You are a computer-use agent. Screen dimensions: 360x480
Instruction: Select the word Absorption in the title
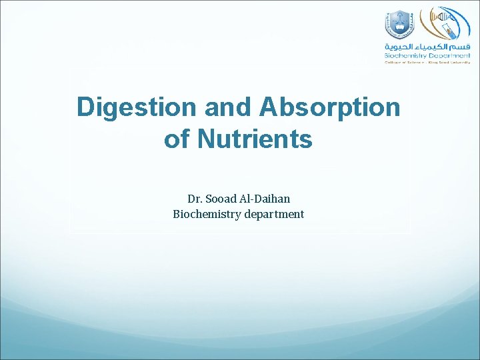tap(331, 107)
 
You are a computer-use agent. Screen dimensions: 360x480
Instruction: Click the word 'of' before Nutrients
tap(176, 140)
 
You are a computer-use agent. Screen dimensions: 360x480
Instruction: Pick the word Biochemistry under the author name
tap(207, 214)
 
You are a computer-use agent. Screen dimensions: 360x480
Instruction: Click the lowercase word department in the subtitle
tap(273, 214)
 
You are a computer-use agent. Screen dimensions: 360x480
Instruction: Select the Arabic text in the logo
tap(427, 47)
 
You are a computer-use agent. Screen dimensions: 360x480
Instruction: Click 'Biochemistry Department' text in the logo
tap(427, 56)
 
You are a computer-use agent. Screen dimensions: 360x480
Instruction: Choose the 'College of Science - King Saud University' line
tap(427, 63)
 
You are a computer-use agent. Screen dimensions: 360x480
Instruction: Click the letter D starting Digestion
tap(85, 107)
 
